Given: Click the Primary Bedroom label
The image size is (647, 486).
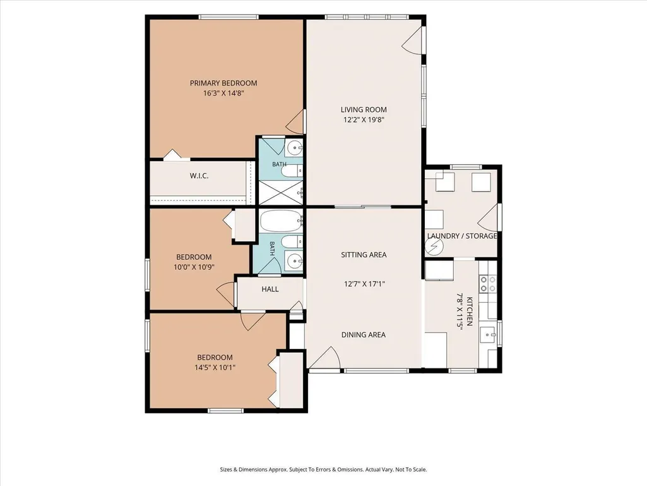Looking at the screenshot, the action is pyautogui.click(x=223, y=83).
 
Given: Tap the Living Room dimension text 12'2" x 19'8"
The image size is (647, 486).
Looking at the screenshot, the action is pyautogui.click(x=364, y=120).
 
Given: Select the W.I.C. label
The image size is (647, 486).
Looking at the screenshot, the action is pyautogui.click(x=199, y=176).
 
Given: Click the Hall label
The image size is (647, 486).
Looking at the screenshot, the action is pyautogui.click(x=270, y=289).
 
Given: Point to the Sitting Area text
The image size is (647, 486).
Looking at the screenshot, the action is pyautogui.click(x=364, y=255).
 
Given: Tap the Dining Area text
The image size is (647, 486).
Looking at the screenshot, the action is pyautogui.click(x=364, y=335).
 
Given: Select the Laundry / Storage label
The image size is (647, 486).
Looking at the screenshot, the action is pyautogui.click(x=461, y=236).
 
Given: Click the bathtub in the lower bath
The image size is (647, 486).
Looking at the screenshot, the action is pyautogui.click(x=280, y=221).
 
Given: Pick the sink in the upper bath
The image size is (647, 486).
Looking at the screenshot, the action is pyautogui.click(x=294, y=147).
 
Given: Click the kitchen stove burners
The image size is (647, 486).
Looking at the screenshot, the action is pyautogui.click(x=487, y=284).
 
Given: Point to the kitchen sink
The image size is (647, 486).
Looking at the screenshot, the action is pyautogui.click(x=490, y=332).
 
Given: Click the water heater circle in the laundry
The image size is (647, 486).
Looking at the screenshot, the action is pyautogui.click(x=434, y=247).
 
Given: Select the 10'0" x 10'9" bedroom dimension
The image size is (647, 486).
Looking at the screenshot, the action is pyautogui.click(x=194, y=267).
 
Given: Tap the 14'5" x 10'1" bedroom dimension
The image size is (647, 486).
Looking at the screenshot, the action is pyautogui.click(x=215, y=367).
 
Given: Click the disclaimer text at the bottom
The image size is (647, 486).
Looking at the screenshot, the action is pyautogui.click(x=323, y=470).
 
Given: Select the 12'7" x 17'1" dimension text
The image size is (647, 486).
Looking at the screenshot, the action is pyautogui.click(x=364, y=284).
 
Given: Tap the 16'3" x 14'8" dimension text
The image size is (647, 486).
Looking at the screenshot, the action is pyautogui.click(x=223, y=93).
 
